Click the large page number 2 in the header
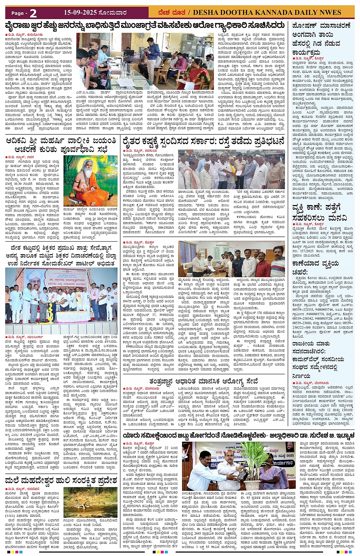click(x=33, y=13)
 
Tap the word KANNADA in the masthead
click(x=266, y=13)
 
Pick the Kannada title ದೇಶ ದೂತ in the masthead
click(x=166, y=13)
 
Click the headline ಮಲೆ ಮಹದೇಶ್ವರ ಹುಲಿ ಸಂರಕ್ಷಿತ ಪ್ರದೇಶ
click(x=61, y=480)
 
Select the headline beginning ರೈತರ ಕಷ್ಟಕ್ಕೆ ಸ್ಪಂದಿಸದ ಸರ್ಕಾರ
click(x=203, y=141)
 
